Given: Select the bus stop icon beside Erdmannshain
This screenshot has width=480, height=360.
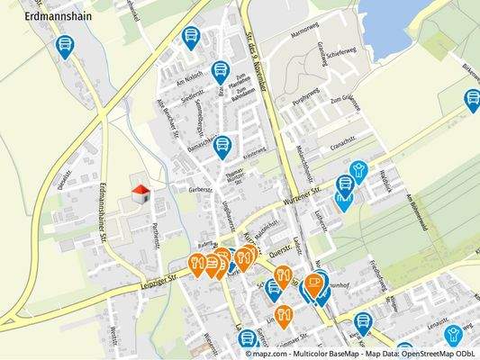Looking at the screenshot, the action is point(65,45).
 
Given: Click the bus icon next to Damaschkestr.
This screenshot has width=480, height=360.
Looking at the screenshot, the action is point(222,146).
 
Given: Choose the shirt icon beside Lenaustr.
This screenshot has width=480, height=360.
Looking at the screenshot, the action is point(453,335).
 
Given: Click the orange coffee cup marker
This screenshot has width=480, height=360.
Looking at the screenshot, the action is point(314,283).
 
